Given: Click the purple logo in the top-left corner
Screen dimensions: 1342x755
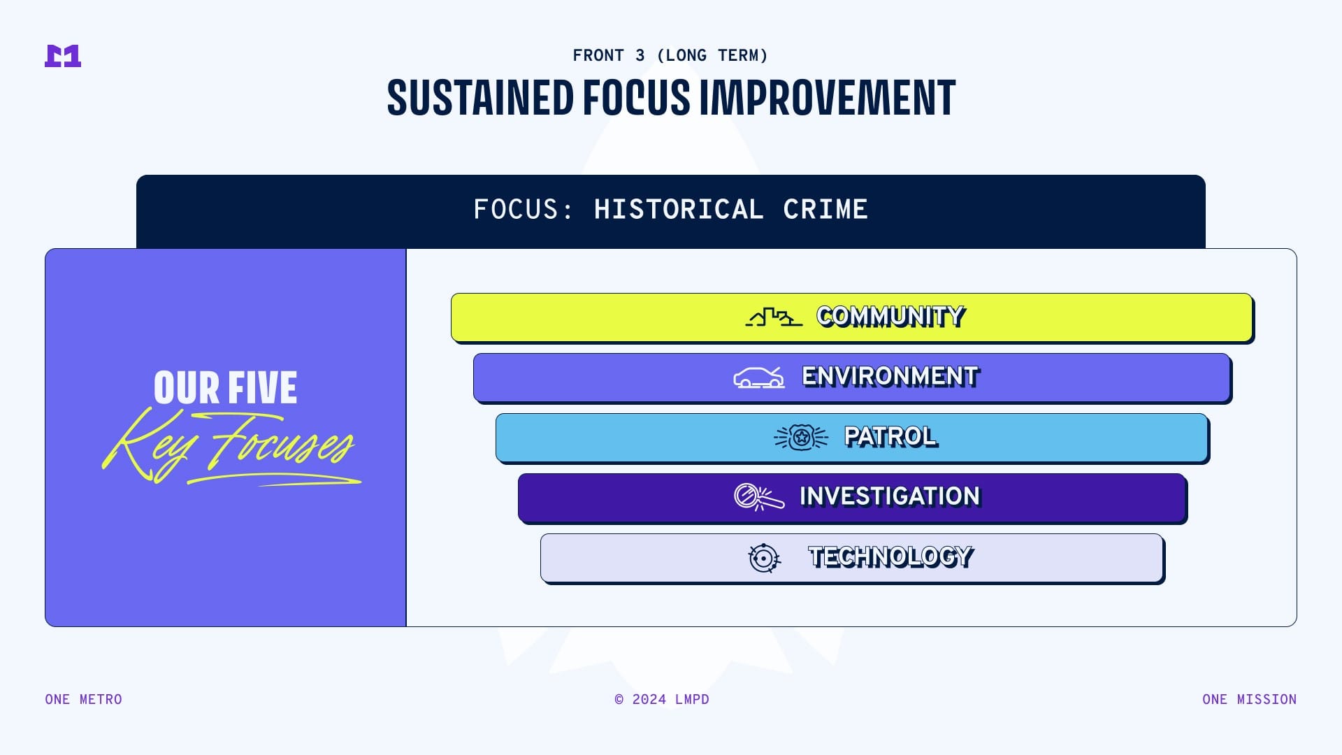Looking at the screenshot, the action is pos(63,56).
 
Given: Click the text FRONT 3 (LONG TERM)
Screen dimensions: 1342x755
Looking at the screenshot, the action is pos(670,55).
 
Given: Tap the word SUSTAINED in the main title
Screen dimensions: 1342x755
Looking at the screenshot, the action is pos(480,97).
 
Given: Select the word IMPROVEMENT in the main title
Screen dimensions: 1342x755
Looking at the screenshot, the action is pos(828,97).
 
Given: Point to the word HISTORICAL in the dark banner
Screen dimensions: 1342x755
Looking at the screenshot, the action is pos(679,209).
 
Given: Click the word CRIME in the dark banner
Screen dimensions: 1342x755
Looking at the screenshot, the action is pos(825,209).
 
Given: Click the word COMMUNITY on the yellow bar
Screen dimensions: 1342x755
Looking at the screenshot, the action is pos(891,317).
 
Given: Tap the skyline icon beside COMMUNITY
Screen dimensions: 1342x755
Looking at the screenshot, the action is pos(774,317).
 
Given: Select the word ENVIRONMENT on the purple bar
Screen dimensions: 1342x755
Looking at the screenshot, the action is pos(890,377).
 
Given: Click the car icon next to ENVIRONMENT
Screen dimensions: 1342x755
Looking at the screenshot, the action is pos(759,377).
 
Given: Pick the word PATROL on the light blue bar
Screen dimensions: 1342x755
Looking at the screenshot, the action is pos(891,437).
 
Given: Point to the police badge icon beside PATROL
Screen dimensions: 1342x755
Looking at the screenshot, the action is pos(801,438).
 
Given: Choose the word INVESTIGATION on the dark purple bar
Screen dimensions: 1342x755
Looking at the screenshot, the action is pos(890,496).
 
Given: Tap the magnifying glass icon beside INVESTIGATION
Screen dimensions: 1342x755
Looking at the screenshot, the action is pos(759,497).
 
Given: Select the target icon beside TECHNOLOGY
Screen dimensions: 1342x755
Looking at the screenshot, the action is pos(764,558).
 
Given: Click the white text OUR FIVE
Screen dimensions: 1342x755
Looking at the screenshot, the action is pos(225,388).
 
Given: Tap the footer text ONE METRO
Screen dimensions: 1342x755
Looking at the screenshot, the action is pos(84,699).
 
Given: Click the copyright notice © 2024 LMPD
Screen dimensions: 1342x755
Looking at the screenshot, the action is pos(662,699).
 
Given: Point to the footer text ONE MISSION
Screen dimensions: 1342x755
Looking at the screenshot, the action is pos(1250,699).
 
